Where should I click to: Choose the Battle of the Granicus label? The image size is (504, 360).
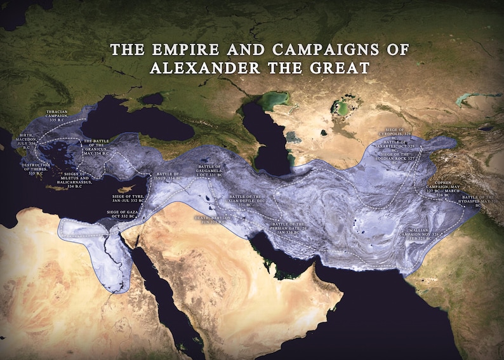pyautogui.click(x=97, y=147)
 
